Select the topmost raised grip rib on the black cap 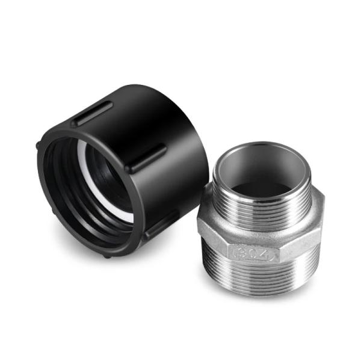[93, 113]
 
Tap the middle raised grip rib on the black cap [145, 158]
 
